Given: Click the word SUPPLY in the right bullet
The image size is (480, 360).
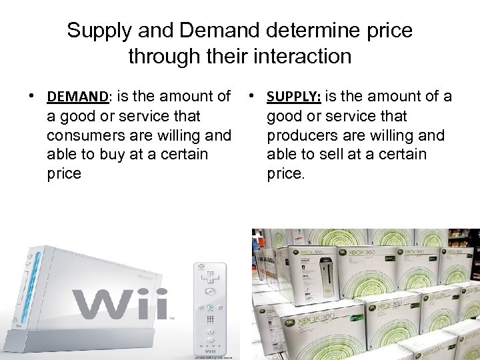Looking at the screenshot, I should click(x=294, y=97).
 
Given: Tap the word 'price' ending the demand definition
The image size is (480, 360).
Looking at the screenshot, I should click(x=64, y=174).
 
